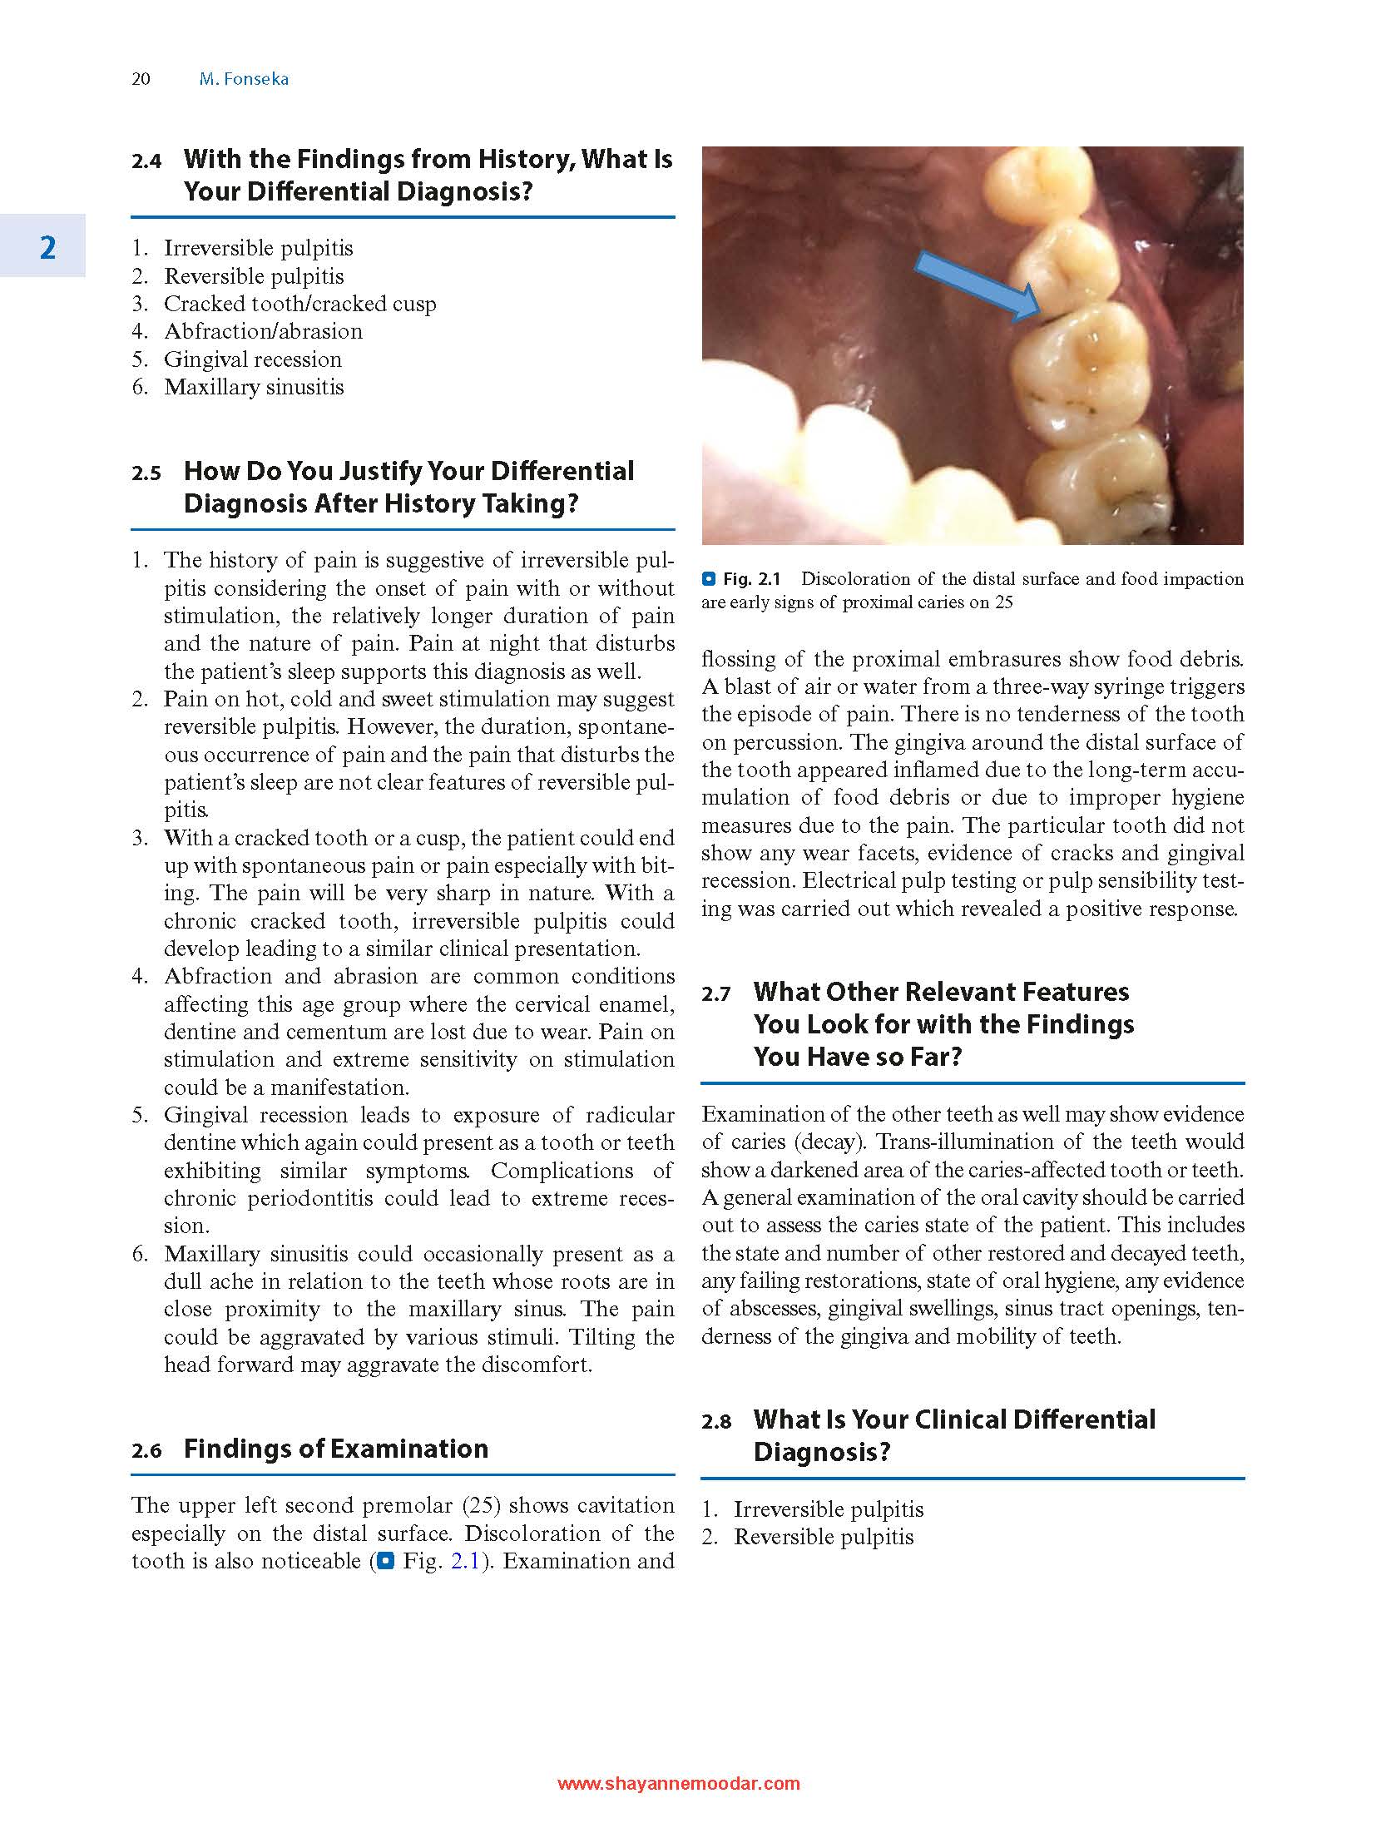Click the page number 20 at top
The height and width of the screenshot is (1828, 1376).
(141, 79)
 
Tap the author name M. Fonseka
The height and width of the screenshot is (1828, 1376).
(244, 79)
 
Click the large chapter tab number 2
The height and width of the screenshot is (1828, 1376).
(47, 247)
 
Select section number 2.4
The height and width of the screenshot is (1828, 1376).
(146, 161)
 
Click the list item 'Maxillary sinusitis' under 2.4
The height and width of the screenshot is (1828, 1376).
(254, 387)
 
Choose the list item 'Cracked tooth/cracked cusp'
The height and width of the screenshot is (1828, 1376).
(299, 304)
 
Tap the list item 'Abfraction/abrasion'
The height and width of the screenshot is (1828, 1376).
(263, 331)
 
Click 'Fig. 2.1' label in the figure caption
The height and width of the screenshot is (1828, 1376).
(751, 579)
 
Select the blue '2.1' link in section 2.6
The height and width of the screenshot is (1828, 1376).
(465, 1561)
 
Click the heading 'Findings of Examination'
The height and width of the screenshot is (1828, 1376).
(335, 1449)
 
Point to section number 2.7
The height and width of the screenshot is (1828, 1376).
(715, 993)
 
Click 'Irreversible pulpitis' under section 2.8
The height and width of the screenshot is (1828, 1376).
(828, 1509)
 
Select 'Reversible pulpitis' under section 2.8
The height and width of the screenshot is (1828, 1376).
(823, 1537)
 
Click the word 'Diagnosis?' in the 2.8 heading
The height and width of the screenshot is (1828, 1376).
(822, 1452)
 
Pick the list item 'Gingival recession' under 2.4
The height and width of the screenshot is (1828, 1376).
(253, 359)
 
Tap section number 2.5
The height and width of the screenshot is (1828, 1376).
(146, 473)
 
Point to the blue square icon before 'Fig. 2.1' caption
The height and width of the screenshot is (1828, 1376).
(709, 579)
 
